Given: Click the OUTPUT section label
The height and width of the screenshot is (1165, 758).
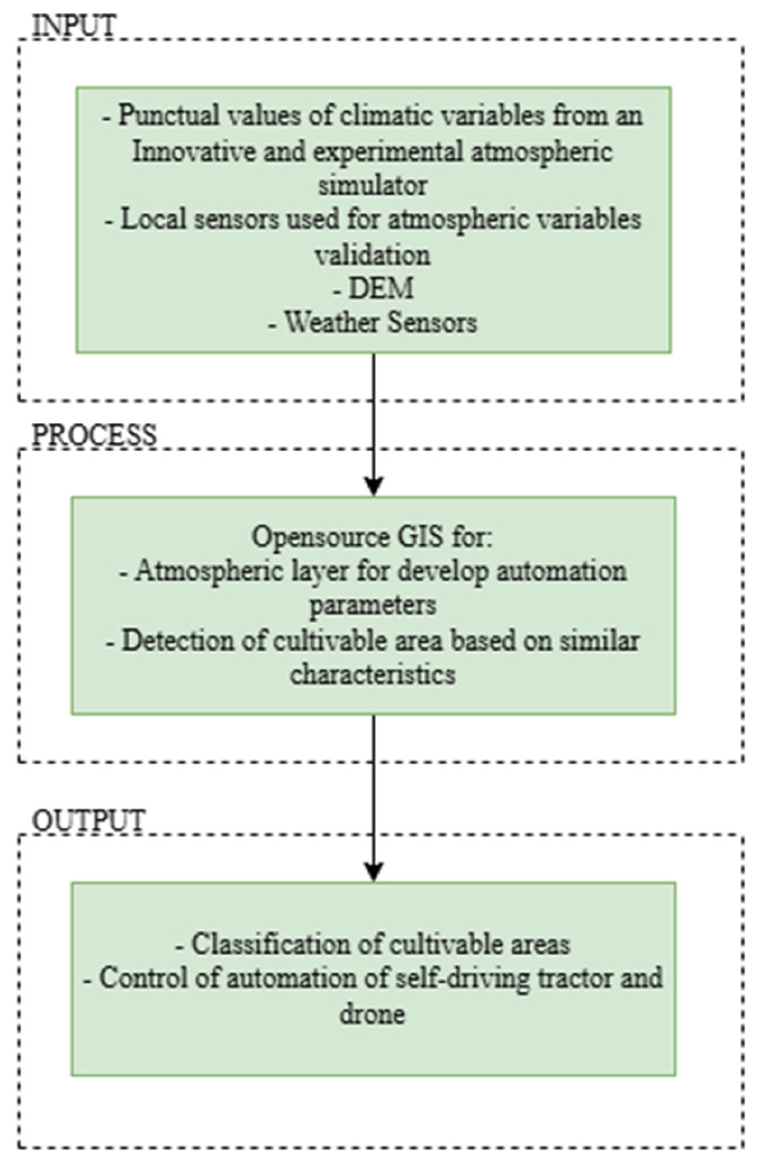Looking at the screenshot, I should click(x=88, y=820).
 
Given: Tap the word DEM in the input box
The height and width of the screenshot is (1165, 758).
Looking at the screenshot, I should click(x=381, y=289).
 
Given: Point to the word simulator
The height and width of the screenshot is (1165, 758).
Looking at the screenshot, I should click(x=372, y=186).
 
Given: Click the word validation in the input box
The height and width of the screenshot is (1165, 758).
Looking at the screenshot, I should click(x=372, y=255).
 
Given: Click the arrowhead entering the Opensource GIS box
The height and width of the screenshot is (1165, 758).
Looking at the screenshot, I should click(x=374, y=486).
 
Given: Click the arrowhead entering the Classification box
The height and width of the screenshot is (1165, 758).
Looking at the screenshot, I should click(x=374, y=872).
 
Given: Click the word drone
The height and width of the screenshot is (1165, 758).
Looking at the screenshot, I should click(x=372, y=1013).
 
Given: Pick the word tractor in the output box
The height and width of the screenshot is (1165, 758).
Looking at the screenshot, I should click(x=574, y=979).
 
